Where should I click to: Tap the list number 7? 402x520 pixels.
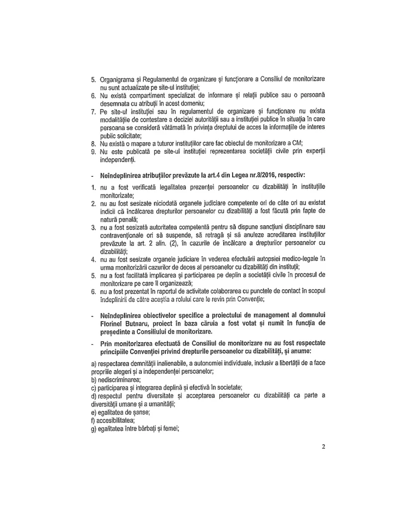pyautogui.click(x=93, y=111)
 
